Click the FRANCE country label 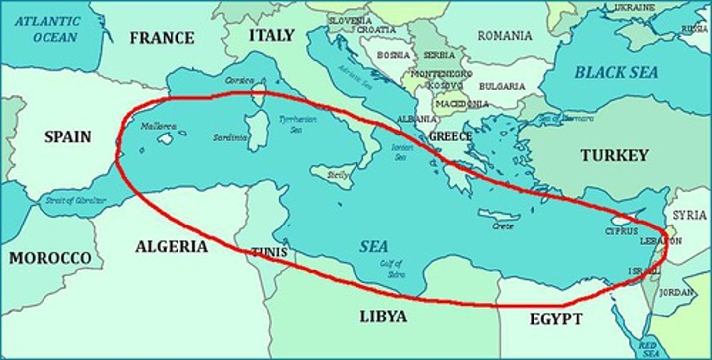[162, 38]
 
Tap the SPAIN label [68, 136]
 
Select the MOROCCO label [50, 258]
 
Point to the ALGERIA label [172, 246]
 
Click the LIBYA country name [383, 316]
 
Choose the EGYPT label [556, 319]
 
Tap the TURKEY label [614, 155]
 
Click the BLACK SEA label [616, 73]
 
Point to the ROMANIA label [505, 36]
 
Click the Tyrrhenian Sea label [297, 124]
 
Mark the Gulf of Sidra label [392, 269]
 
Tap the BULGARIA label [502, 86]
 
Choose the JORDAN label [676, 292]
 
